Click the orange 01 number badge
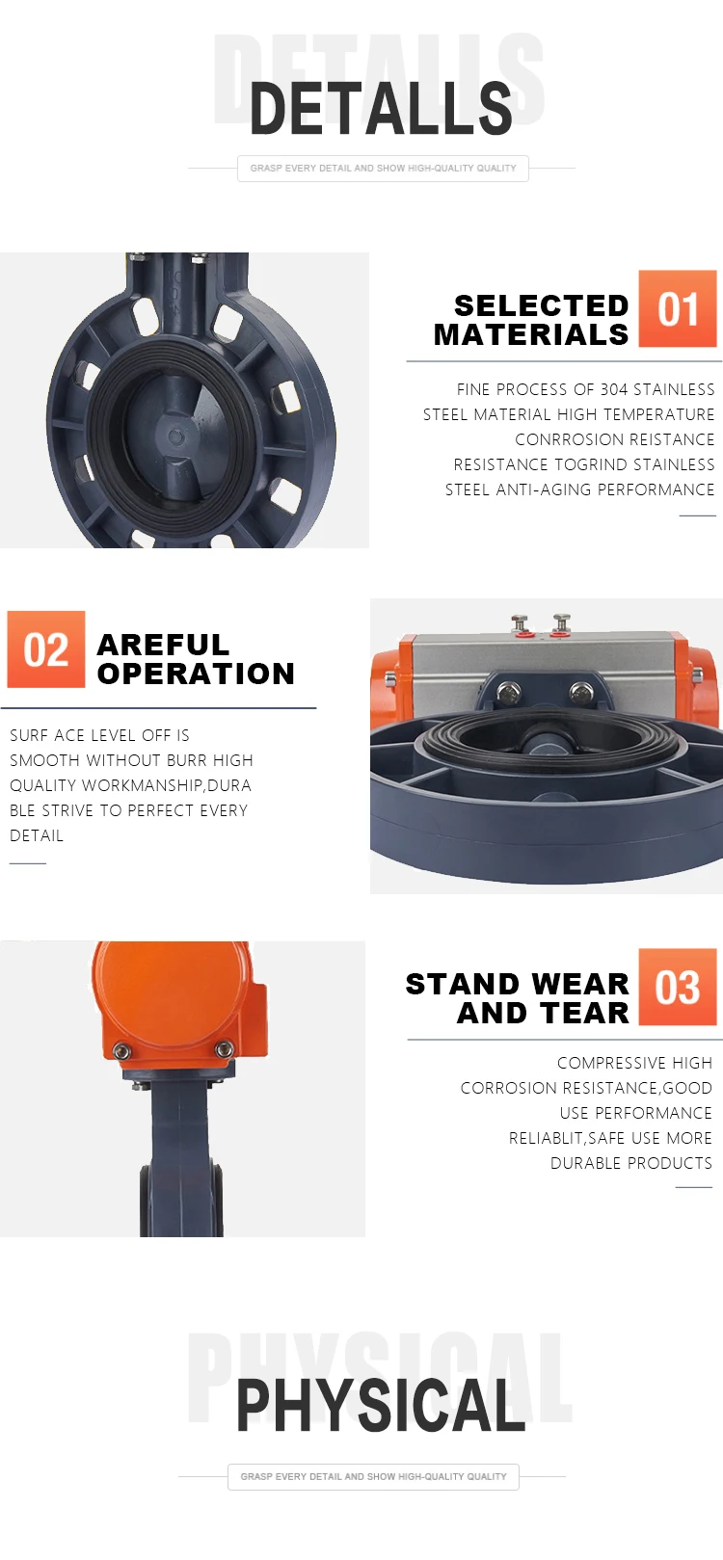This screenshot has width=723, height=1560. coord(678,309)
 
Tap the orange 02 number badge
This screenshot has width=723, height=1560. coord(46,649)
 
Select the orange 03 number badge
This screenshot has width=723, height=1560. coord(678,987)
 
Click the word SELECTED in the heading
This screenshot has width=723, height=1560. coord(541,305)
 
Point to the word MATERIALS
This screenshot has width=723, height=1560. coord(531,334)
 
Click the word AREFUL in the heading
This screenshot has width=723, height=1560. coord(163,644)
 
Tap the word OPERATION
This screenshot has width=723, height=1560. coord(196,674)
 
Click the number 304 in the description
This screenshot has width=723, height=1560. coord(614,389)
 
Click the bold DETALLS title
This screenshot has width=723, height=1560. coord(381,108)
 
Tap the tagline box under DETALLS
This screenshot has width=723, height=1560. coord(383,168)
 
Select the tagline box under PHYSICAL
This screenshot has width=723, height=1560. coord(373,1476)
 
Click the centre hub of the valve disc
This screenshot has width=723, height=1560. coord(176,436)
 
